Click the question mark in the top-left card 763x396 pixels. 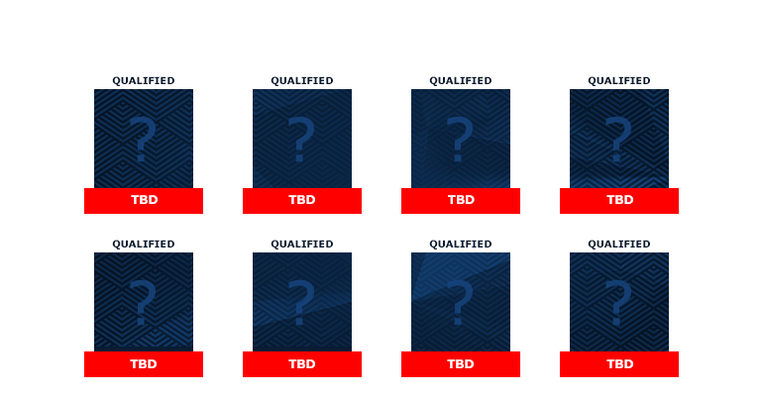coord(143,139)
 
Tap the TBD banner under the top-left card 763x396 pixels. coord(144,201)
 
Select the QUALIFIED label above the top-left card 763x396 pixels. coord(144,80)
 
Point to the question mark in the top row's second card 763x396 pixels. coord(301,139)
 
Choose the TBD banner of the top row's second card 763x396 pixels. coord(302,201)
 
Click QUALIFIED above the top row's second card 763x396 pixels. coord(302,80)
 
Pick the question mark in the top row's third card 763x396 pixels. coord(460,139)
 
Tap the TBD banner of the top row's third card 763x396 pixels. coord(461,201)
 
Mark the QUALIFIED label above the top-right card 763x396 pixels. coord(619,80)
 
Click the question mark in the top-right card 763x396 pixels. coord(618,139)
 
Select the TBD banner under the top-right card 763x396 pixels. coord(619,201)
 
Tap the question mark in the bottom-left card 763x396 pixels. coord(143,302)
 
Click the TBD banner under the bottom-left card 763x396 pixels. coord(144,364)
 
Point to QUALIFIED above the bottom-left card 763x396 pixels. coord(144,244)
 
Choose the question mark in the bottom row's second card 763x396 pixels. coord(301,302)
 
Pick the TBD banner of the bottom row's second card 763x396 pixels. coord(302,364)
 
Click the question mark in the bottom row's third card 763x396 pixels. coord(460,302)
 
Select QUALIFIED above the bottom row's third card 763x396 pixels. coord(461,244)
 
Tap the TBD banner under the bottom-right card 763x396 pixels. coord(619,364)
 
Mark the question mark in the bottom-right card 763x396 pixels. coord(618,302)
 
